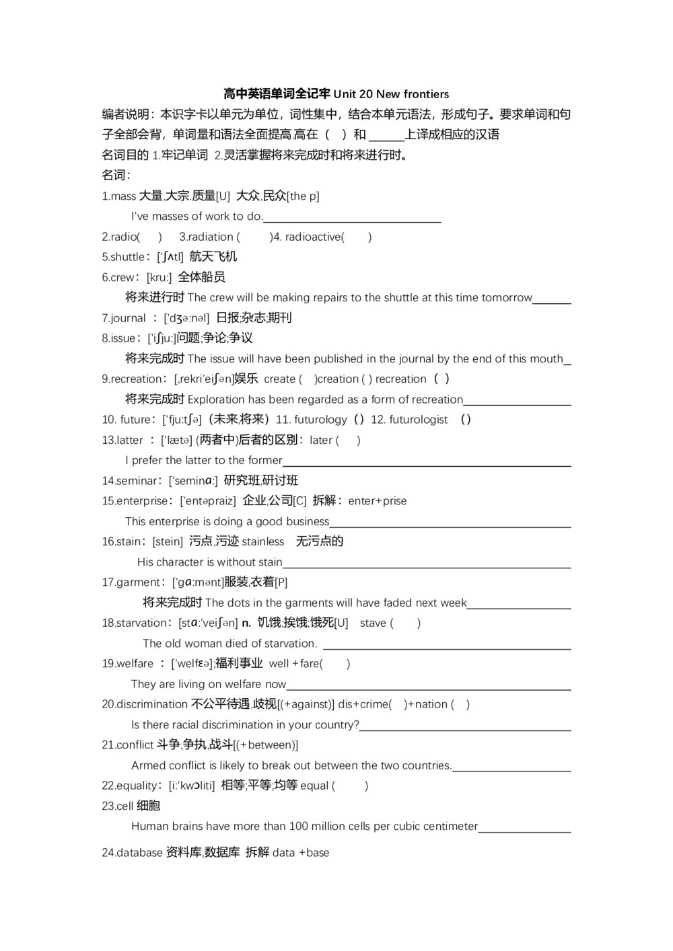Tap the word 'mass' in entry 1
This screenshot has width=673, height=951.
123,196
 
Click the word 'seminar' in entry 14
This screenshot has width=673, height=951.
138,481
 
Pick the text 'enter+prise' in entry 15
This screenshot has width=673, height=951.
378,501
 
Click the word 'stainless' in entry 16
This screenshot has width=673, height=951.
263,541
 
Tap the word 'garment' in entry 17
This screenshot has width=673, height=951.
139,582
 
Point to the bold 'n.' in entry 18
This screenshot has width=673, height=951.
246,623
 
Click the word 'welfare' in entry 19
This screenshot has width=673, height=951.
135,664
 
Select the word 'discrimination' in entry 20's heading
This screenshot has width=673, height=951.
152,704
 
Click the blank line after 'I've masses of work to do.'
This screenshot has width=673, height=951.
352,221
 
